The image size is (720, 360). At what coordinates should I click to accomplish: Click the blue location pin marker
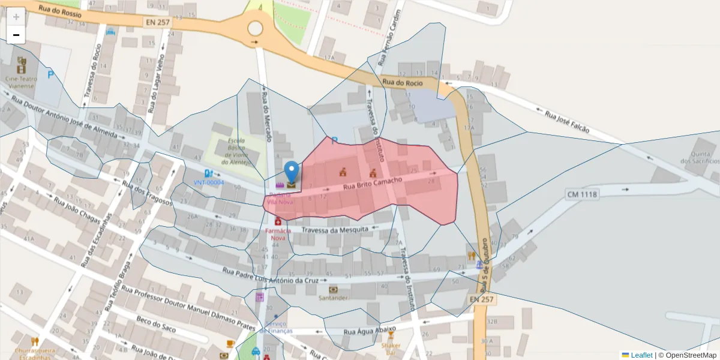pyautogui.click(x=292, y=171)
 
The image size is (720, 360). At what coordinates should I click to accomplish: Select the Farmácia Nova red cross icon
pyautogui.click(x=278, y=221)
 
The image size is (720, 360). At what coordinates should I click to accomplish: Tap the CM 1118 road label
pyautogui.click(x=582, y=194)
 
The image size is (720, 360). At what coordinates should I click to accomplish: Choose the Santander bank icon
pyautogui.click(x=334, y=289)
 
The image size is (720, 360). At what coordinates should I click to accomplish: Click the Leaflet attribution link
pyautogui.click(x=641, y=355)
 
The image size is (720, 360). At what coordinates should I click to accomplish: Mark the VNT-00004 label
pyautogui.click(x=208, y=182)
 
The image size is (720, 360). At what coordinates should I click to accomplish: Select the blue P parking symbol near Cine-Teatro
pyautogui.click(x=50, y=76)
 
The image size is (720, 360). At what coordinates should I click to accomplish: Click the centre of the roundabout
pyautogui.click(x=255, y=28)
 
